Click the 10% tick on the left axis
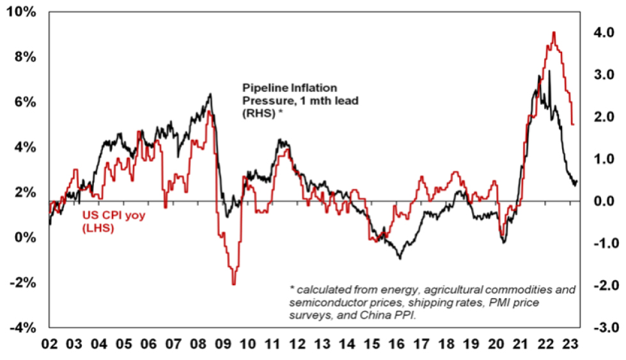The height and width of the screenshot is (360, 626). click(22, 12)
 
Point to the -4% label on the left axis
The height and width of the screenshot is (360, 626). click(22, 328)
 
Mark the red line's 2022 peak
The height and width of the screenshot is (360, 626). click(553, 32)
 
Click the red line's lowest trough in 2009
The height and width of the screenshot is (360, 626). click(234, 284)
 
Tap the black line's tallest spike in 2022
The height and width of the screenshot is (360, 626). click(549, 70)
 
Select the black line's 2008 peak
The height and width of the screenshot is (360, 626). click(210, 94)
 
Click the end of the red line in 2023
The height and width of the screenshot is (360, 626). click(574, 124)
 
